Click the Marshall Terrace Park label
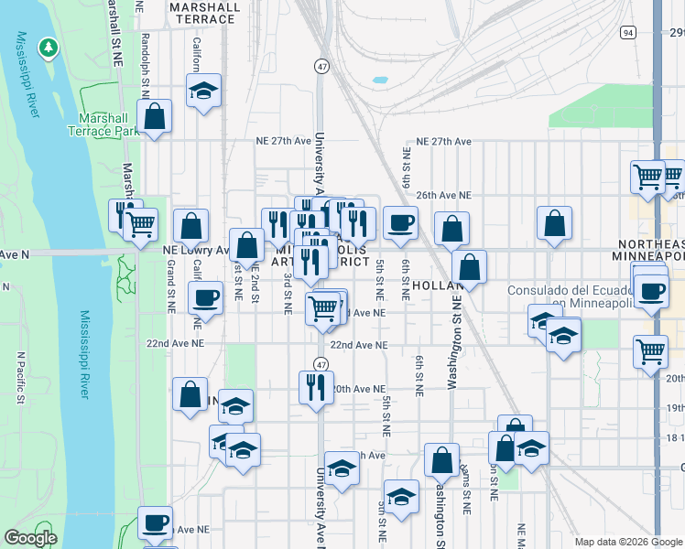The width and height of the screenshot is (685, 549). (x=103, y=124)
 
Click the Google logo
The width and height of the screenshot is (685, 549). (x=30, y=537)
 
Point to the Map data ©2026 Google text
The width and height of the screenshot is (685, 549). (x=628, y=542)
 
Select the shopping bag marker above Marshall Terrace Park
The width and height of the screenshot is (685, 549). (x=155, y=116)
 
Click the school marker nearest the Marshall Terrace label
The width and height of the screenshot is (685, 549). (x=203, y=91)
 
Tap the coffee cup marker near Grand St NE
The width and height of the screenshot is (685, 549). (x=205, y=297)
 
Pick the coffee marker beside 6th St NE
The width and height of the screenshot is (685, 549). (x=399, y=222)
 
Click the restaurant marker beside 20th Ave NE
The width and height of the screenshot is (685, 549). (x=312, y=385)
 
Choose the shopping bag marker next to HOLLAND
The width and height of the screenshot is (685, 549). (x=469, y=267)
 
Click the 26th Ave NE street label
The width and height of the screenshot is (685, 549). (x=443, y=195)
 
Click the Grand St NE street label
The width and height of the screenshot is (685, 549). (x=171, y=286)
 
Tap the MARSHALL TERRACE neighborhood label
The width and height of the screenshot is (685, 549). (x=205, y=13)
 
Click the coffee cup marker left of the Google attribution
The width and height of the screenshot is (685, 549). (x=155, y=522)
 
